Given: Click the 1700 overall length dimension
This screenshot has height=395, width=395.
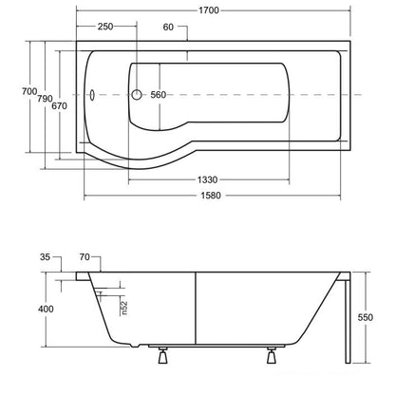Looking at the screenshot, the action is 209,10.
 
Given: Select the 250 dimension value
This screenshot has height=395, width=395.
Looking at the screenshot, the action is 105,27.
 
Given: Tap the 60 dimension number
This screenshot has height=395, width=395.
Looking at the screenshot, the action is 168,28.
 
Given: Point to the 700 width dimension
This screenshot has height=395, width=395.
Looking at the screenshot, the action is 29,91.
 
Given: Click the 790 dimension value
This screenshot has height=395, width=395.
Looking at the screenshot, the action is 45,99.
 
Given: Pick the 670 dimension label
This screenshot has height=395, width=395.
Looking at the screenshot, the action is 59,105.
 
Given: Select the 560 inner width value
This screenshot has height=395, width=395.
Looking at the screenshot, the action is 158,95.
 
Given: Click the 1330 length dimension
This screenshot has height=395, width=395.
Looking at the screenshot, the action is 208,179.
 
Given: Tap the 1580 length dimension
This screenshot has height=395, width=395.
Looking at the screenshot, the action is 211,196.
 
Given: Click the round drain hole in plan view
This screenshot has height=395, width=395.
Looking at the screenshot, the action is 137,95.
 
